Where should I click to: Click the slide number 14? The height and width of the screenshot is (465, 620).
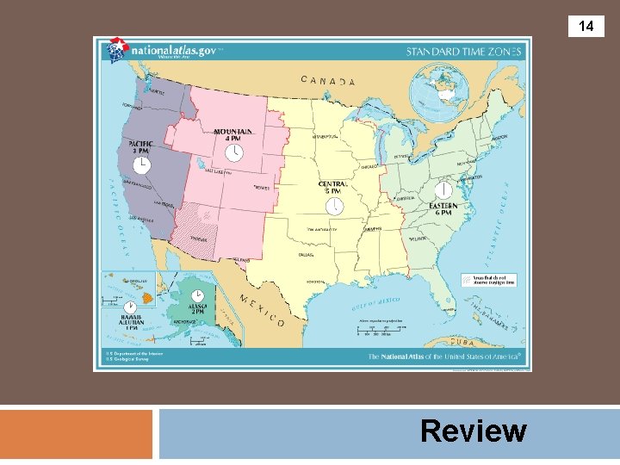(586, 27)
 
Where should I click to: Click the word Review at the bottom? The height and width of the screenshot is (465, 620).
(474, 431)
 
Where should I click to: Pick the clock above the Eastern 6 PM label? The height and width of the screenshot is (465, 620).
(443, 190)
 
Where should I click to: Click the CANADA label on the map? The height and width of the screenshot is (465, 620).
(328, 82)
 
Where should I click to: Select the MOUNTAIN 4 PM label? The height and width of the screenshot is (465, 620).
(233, 134)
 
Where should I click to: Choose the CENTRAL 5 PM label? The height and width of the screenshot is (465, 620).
(333, 187)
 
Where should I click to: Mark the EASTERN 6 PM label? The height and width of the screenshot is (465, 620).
(443, 209)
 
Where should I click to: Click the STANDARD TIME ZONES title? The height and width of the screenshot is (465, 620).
(463, 52)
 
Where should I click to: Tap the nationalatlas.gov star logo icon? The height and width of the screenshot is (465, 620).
(116, 51)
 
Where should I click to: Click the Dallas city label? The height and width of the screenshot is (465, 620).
(306, 255)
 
